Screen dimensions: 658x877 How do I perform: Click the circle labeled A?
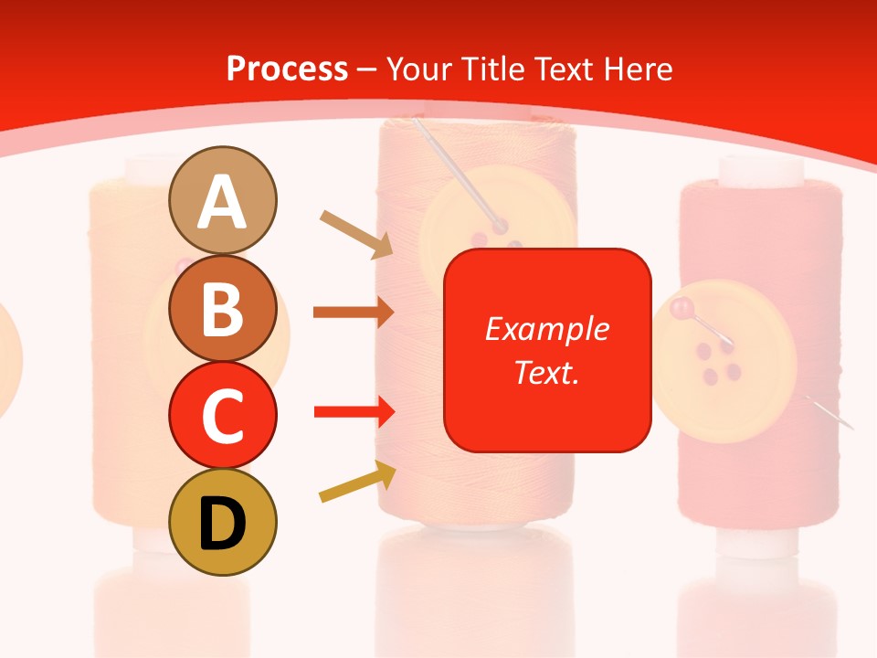click(222, 200)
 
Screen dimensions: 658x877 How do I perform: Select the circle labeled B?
click(222, 308)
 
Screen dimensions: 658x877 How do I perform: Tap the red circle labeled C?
click(222, 415)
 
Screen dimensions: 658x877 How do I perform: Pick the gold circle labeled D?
click(222, 522)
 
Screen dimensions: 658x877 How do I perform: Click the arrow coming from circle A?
click(356, 234)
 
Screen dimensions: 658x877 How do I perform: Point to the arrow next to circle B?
click(353, 313)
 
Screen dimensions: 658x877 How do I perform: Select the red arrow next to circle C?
click(354, 412)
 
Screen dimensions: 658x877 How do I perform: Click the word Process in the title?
click(287, 69)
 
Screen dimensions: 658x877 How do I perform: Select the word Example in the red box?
click(546, 329)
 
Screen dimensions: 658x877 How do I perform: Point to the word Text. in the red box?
click(546, 372)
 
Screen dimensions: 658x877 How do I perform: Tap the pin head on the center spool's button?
click(500, 225)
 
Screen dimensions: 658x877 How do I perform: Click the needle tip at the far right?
click(850, 427)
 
